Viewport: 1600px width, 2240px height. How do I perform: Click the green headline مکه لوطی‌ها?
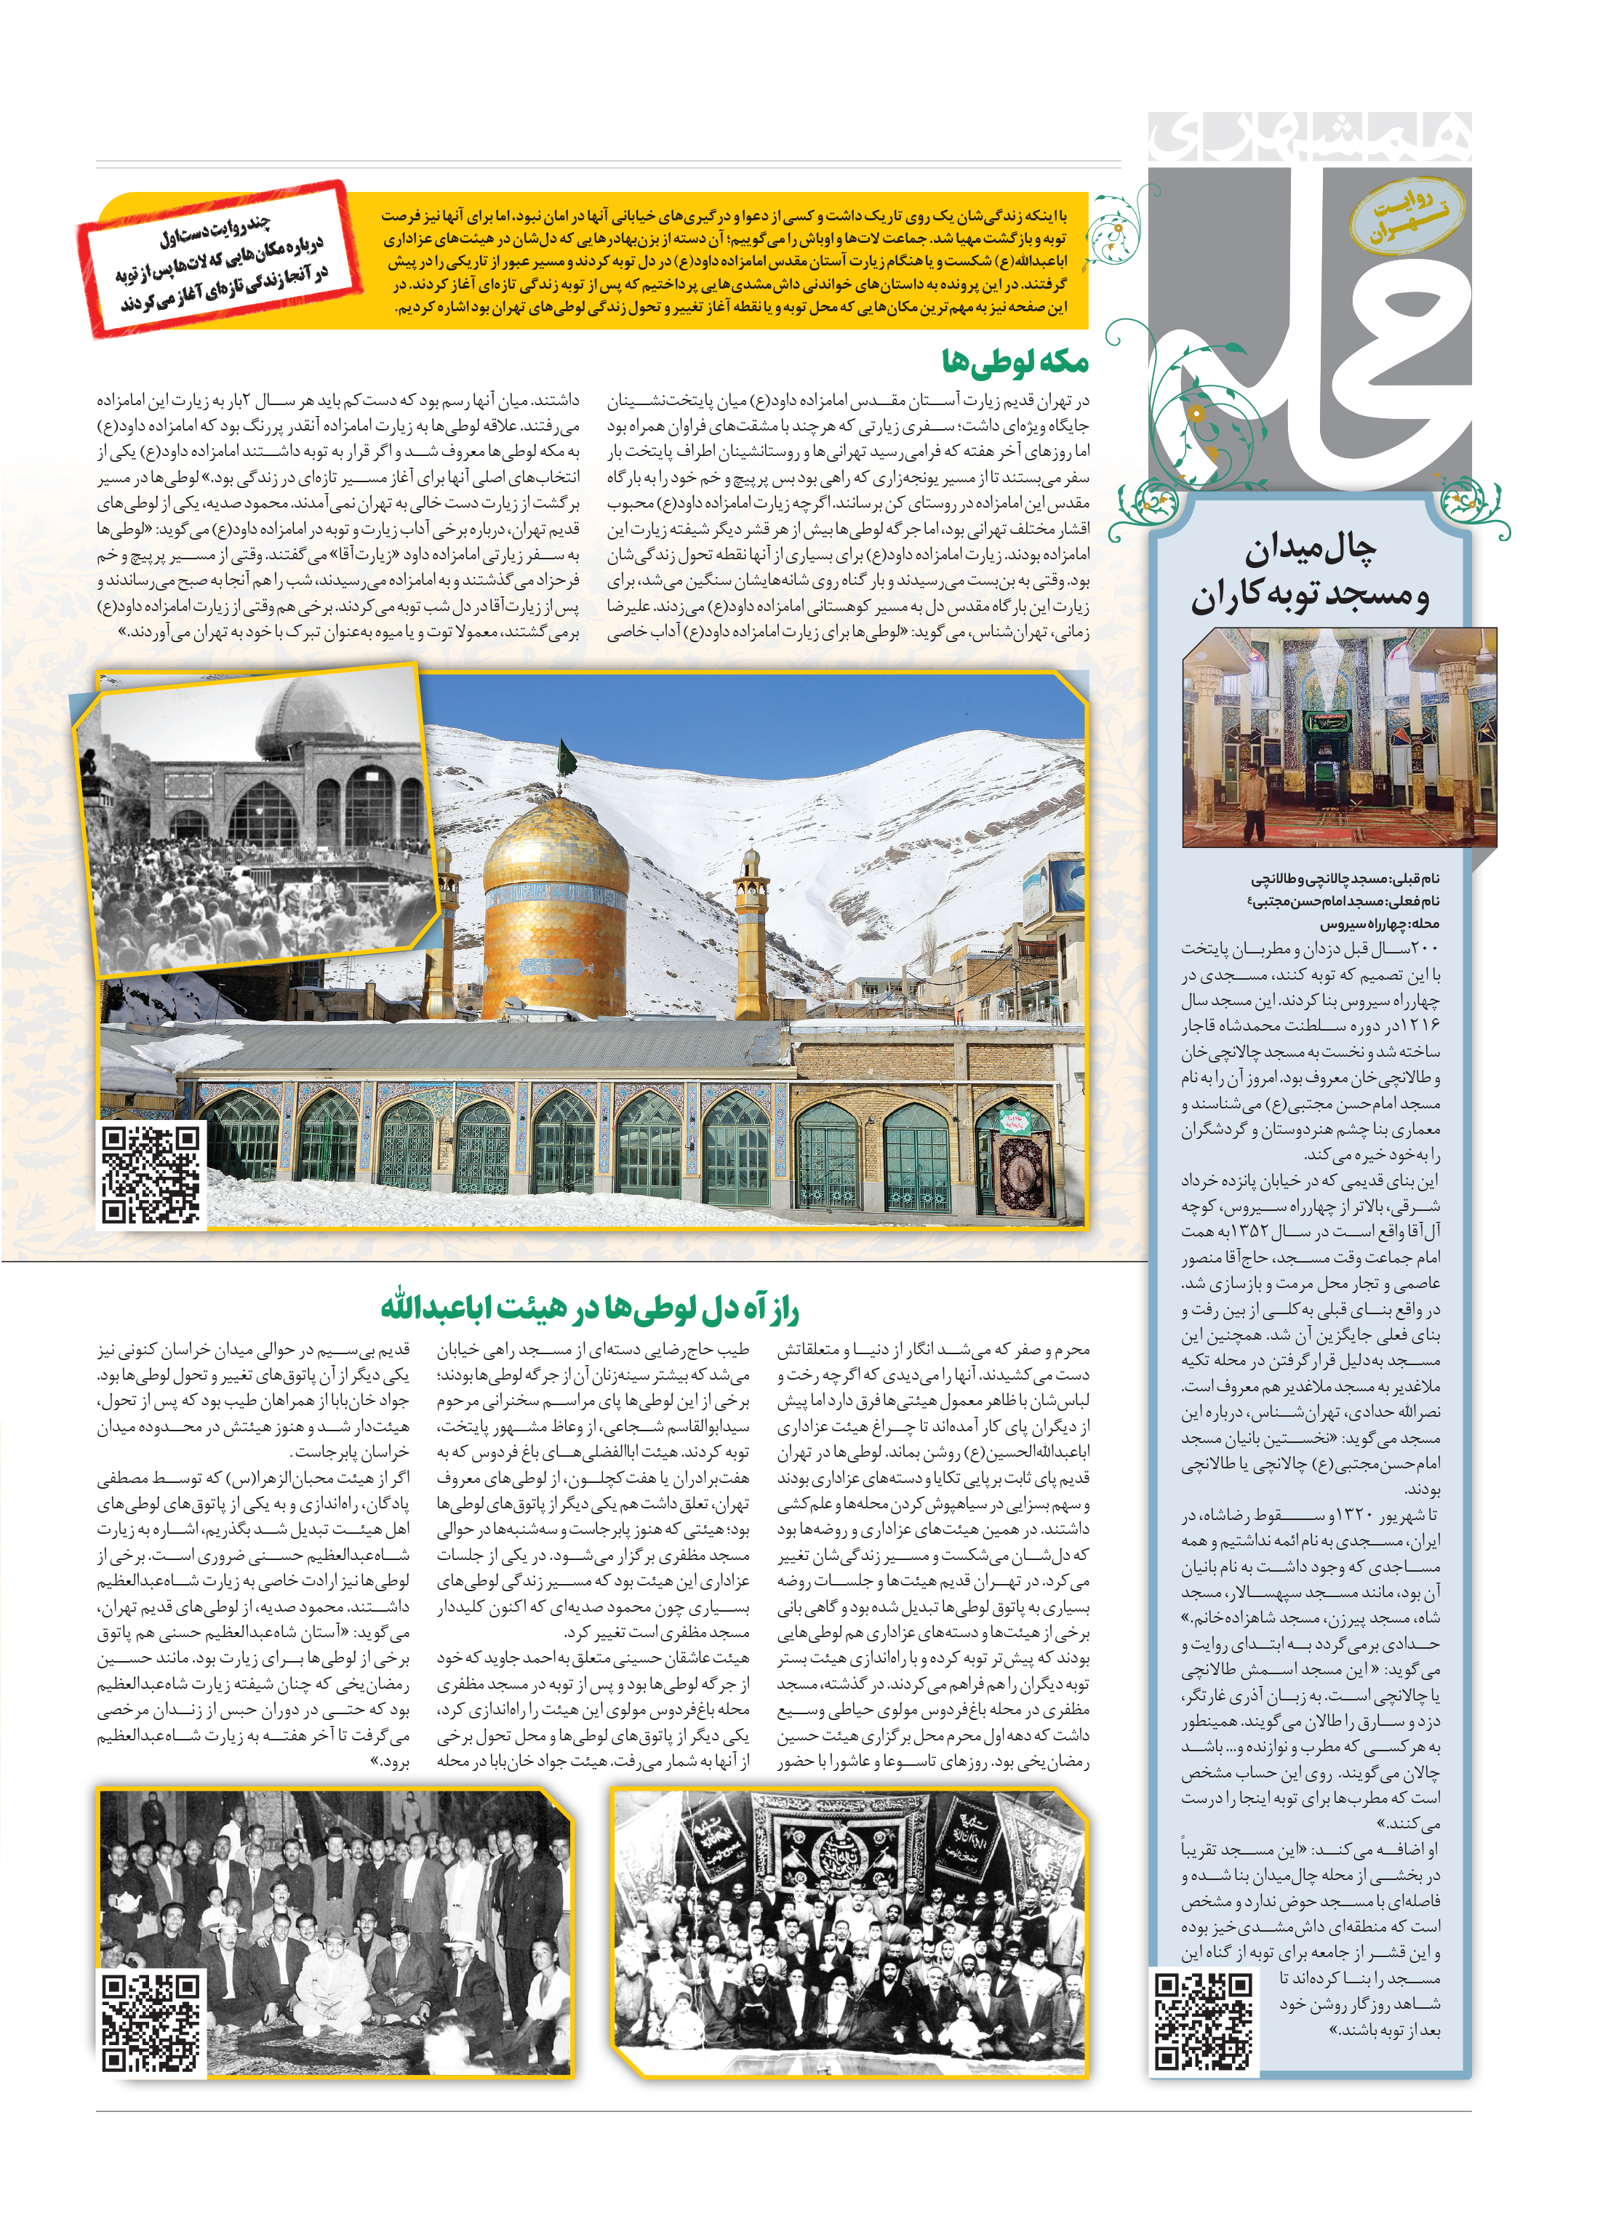click(x=1014, y=362)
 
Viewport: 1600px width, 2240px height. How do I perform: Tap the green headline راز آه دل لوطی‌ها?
click(x=589, y=1309)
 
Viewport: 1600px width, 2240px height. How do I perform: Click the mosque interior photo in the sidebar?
click(x=1339, y=737)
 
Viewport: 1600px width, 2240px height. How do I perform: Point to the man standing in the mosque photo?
click(x=1253, y=803)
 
